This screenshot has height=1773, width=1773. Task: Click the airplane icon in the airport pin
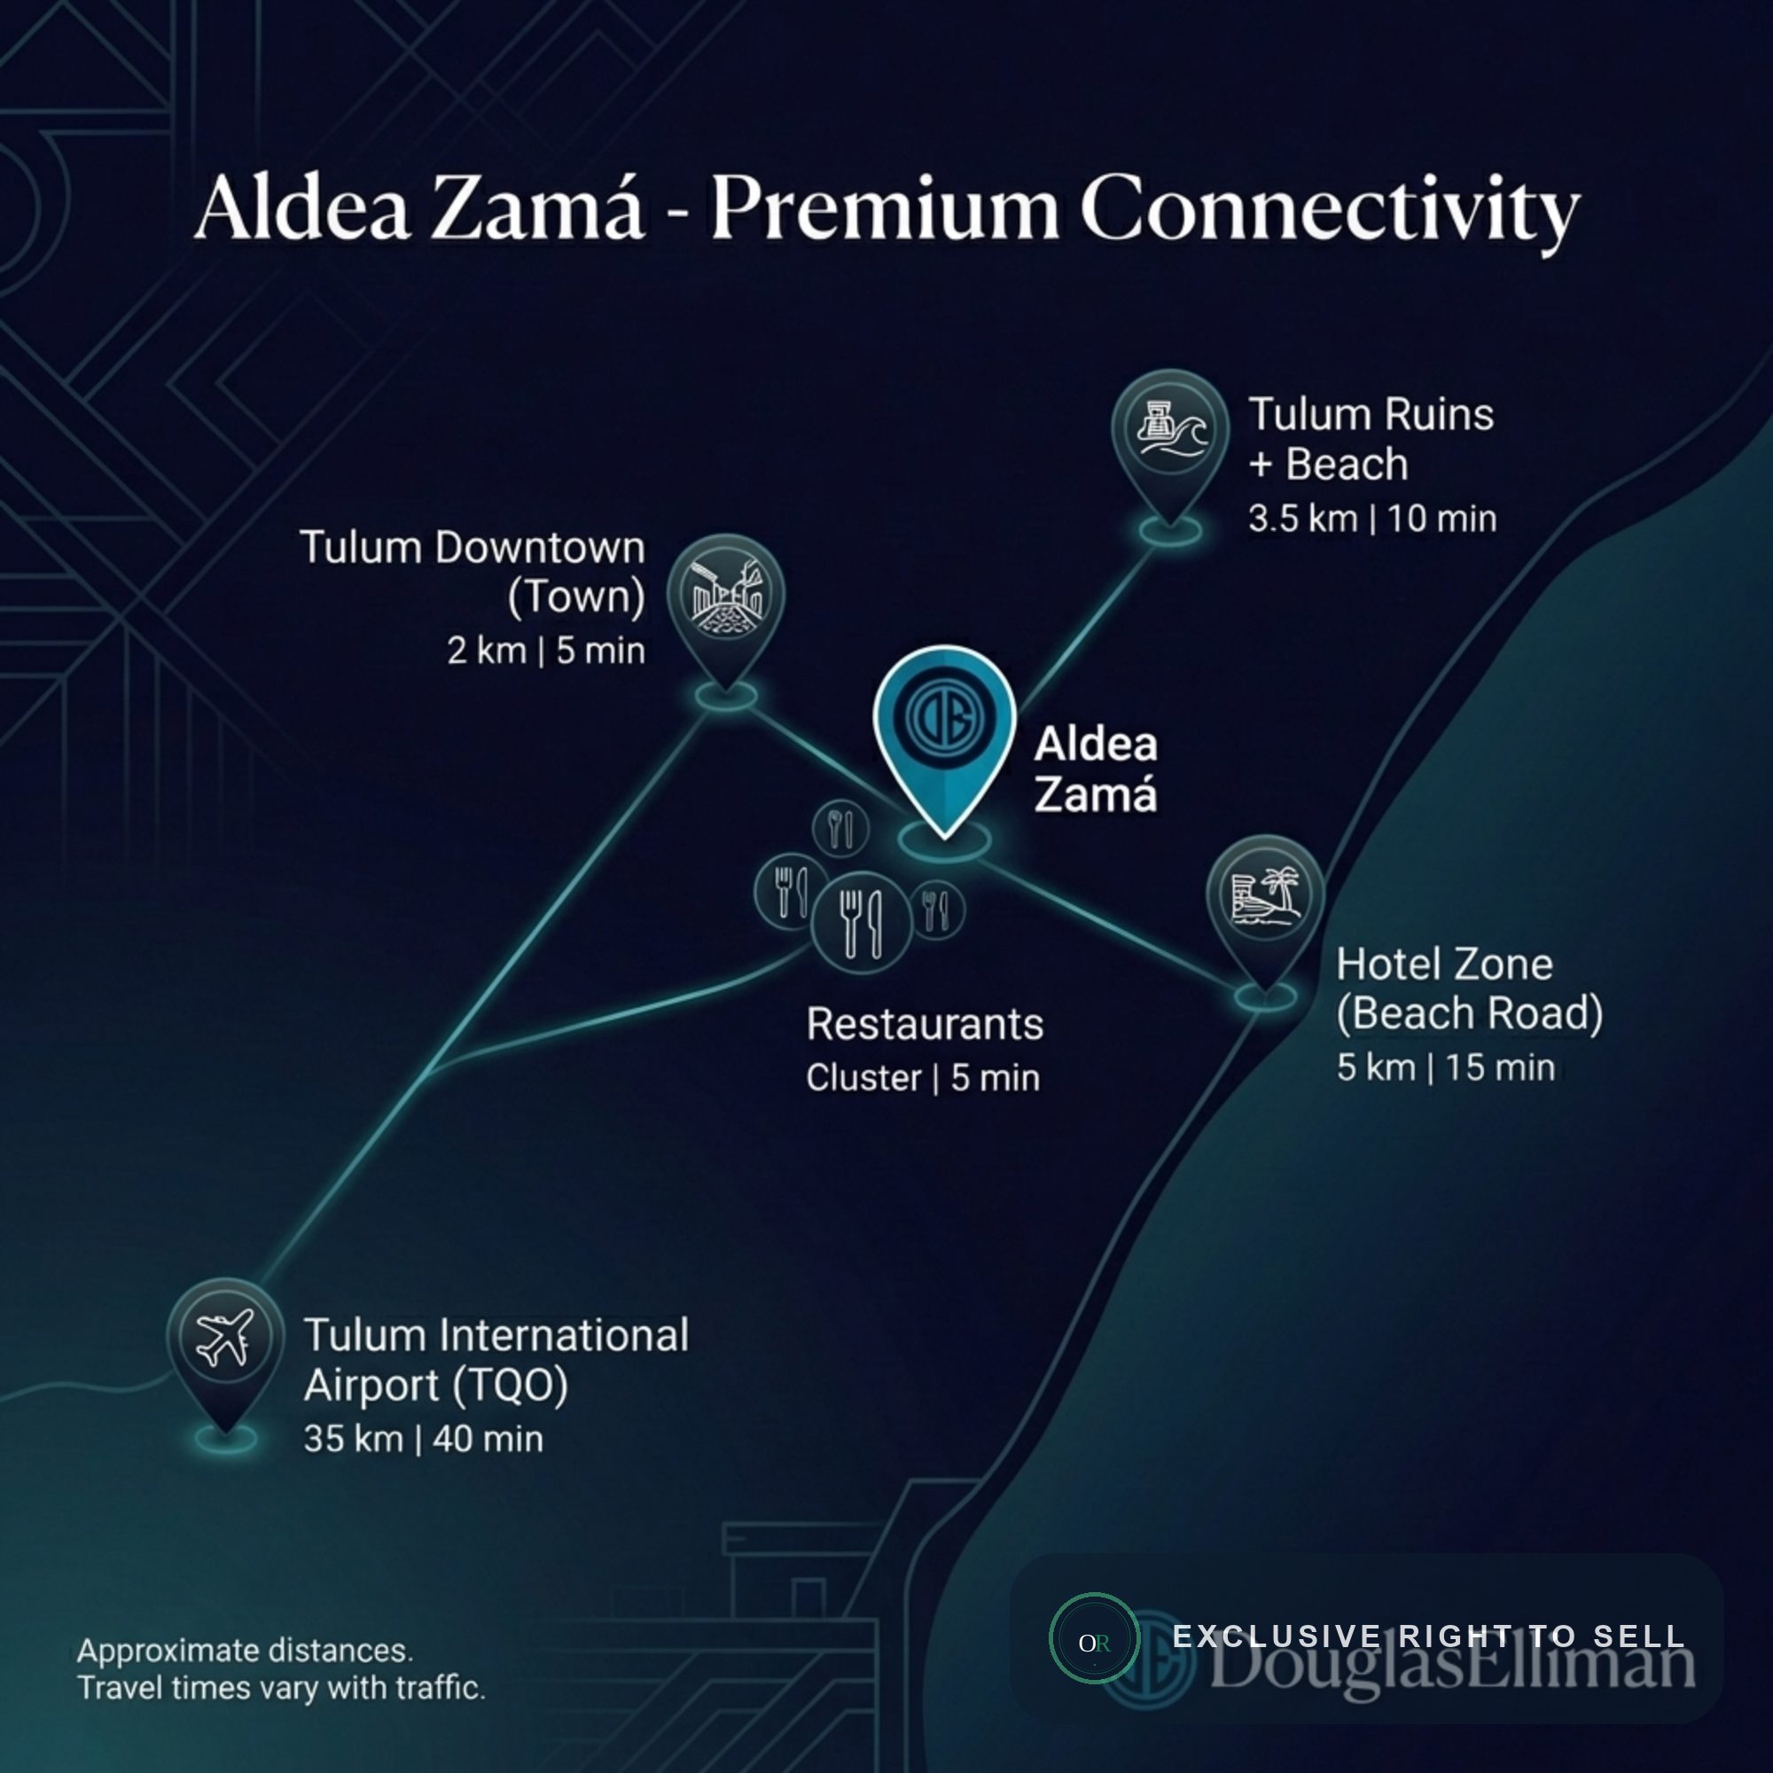225,1337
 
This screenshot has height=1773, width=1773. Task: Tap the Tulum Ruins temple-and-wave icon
1170,428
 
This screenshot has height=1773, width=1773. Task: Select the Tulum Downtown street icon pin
726,611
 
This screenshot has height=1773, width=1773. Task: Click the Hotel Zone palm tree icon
1266,894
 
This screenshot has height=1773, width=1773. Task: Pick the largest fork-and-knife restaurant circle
862,921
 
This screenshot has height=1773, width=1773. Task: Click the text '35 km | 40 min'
423,1439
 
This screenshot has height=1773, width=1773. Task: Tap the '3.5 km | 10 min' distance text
1372,519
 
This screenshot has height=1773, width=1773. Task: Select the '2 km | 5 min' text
546,651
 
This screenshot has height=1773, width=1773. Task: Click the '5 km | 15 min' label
1445,1067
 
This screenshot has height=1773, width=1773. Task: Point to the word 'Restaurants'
925,1024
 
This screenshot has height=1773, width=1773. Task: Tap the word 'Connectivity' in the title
1331,211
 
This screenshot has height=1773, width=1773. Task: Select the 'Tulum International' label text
496,1335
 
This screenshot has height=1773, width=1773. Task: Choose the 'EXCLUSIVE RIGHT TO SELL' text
1429,1636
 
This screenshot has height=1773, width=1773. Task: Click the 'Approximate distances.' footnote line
245,1651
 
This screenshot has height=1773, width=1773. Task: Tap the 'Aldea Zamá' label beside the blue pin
1096,769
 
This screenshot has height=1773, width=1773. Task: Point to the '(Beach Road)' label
1469,1014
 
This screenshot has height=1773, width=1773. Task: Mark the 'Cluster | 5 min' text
923,1078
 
